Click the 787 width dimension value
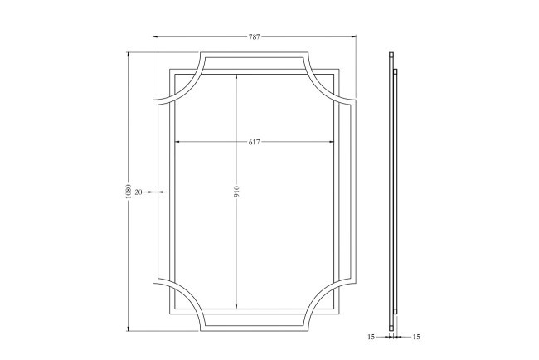(255, 36)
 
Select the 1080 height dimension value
(129, 192)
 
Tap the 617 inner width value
(255, 142)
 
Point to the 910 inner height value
(236, 192)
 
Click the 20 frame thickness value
(138, 192)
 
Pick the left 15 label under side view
(371, 337)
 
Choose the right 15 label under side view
(416, 337)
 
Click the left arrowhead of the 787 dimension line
(155, 36)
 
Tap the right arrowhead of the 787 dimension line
(353, 36)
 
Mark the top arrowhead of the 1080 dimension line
(129, 55)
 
